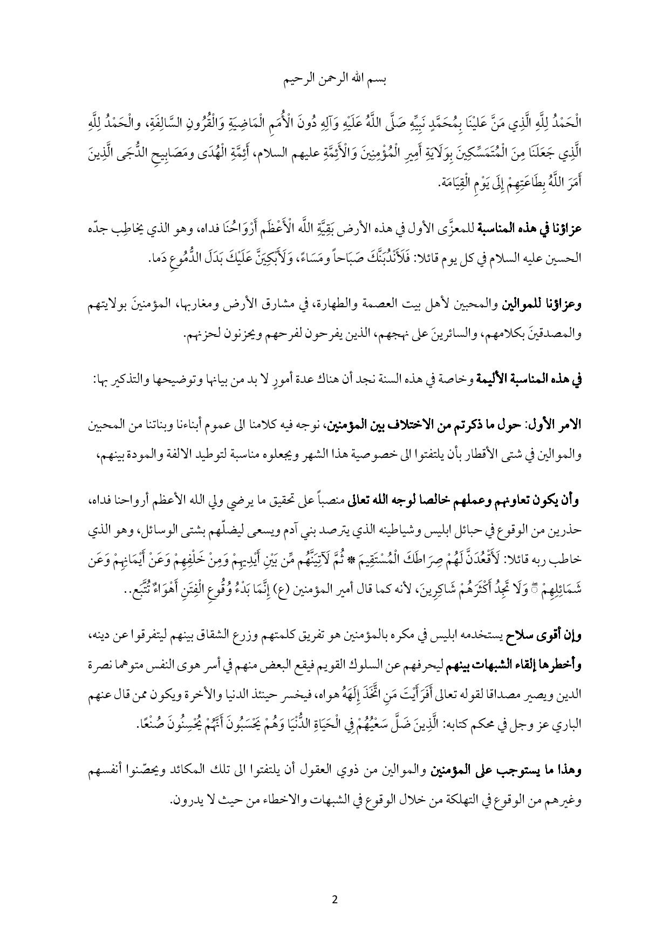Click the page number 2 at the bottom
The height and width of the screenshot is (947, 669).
(x=334, y=899)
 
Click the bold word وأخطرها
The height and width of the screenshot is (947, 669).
(x=563, y=666)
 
